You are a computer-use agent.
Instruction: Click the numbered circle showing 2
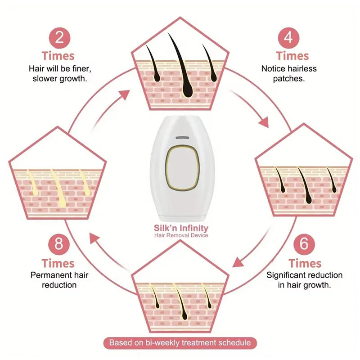point(59,37)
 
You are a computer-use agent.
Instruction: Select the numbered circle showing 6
point(305,244)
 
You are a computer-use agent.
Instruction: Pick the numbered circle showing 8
point(58,244)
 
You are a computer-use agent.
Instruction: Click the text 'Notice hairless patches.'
point(289,73)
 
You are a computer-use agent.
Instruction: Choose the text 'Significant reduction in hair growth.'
point(305,280)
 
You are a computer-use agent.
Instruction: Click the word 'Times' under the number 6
point(305,263)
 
